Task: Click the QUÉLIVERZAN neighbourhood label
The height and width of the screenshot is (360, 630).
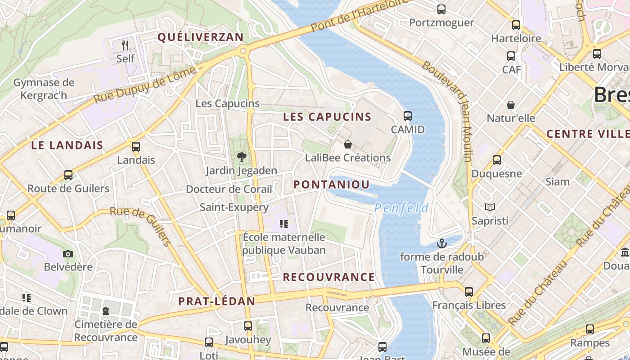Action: click(x=200, y=37)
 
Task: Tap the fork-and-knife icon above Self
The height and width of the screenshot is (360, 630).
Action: click(x=125, y=45)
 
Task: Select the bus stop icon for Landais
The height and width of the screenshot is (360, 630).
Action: click(x=135, y=146)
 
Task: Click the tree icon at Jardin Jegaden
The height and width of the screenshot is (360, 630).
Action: click(x=242, y=157)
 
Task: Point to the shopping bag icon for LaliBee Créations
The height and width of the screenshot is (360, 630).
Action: click(x=347, y=144)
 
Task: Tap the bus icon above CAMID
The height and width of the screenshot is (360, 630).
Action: click(x=408, y=116)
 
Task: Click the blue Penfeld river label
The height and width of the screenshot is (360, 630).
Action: click(x=401, y=208)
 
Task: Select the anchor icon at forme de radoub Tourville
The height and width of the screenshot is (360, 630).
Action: click(x=442, y=243)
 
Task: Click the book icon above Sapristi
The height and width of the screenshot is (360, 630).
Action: click(x=490, y=207)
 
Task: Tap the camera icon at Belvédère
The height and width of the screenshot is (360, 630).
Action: click(x=68, y=254)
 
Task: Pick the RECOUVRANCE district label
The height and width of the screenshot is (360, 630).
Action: click(x=328, y=277)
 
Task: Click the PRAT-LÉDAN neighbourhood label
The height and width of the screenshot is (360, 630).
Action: click(x=217, y=301)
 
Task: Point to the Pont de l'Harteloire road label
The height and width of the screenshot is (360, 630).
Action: click(x=360, y=16)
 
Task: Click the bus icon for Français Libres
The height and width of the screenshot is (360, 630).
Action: click(x=469, y=292)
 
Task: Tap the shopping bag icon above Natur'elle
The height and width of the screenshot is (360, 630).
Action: click(x=511, y=105)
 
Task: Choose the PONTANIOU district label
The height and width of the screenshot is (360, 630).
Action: click(x=332, y=184)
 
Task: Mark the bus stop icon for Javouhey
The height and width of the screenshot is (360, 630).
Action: click(x=248, y=326)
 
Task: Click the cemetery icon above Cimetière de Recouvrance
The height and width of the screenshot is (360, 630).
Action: click(x=106, y=310)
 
